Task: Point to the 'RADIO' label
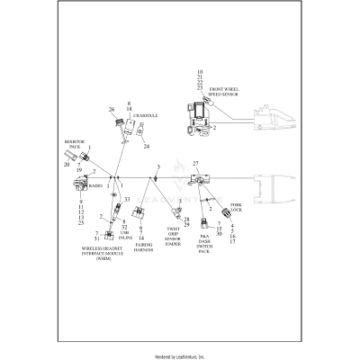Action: [94, 186]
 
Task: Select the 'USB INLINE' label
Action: [124, 233]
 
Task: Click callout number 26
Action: [112, 110]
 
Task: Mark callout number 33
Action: [127, 199]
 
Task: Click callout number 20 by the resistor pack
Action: [66, 165]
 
